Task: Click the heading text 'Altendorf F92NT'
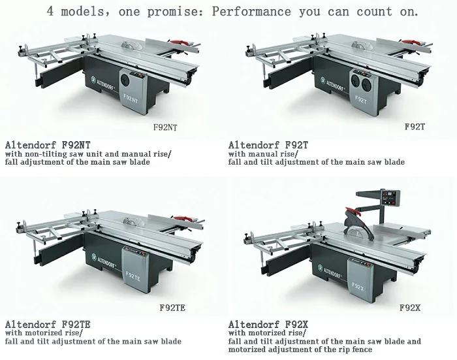click(48, 144)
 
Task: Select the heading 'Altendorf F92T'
click(269, 144)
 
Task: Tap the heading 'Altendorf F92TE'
click(48, 324)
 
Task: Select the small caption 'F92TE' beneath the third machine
click(173, 306)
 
